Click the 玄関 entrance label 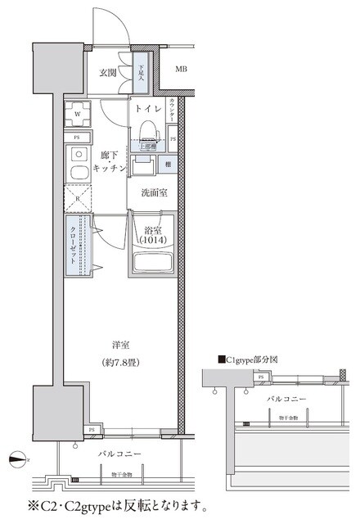coord(109,72)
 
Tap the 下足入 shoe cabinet coord(142,72)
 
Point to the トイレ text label coord(148,108)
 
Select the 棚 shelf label coord(166,165)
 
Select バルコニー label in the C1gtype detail coord(287,399)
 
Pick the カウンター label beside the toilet coord(173,110)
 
